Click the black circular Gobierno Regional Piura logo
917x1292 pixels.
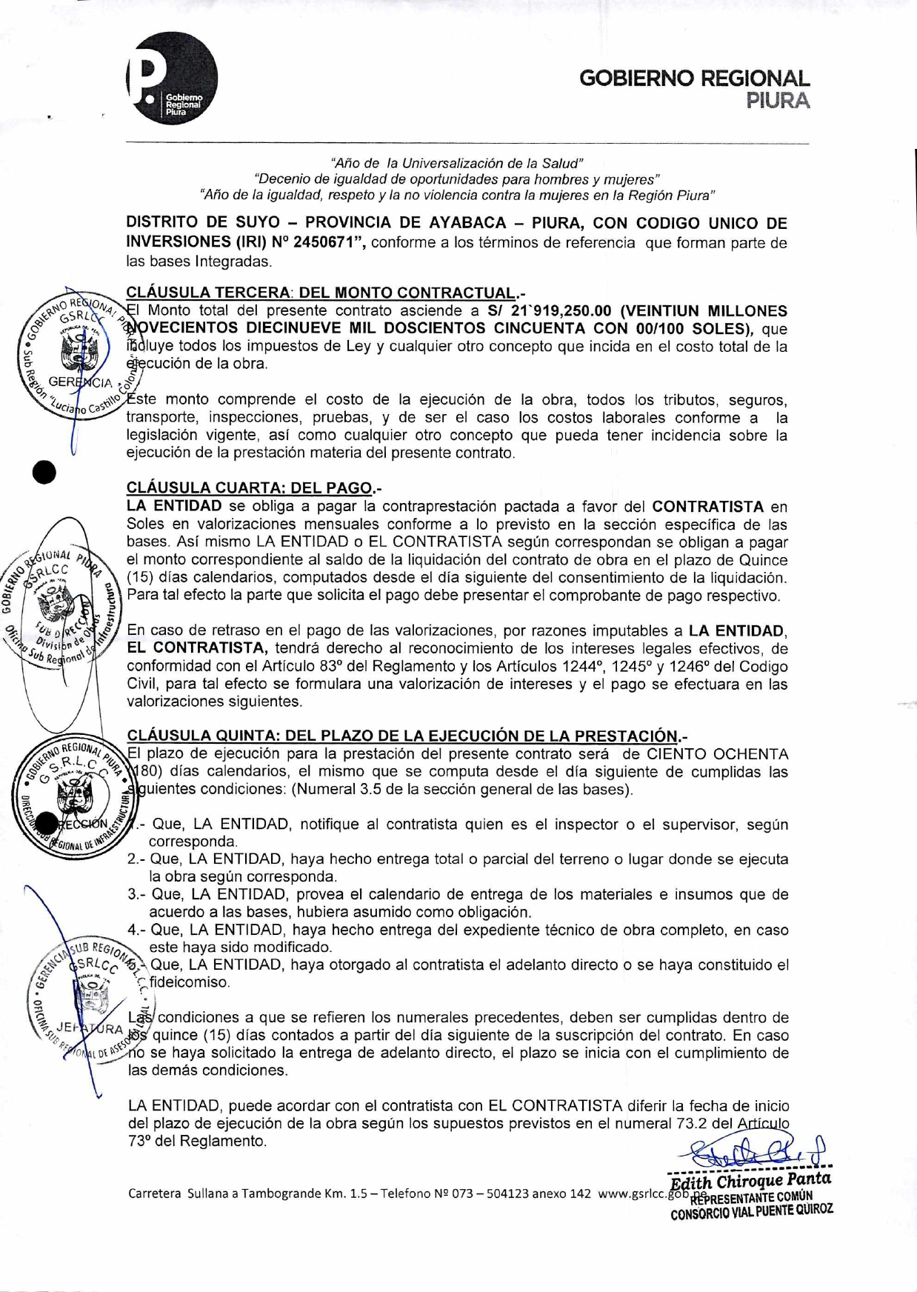(x=173, y=78)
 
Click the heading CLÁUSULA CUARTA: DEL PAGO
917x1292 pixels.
(x=251, y=487)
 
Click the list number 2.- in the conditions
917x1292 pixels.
(x=136, y=859)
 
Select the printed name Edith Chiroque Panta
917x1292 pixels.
(x=750, y=1179)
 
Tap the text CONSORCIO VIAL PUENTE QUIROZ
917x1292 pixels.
(x=751, y=1210)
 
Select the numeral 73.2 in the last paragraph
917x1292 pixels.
(x=692, y=1123)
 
